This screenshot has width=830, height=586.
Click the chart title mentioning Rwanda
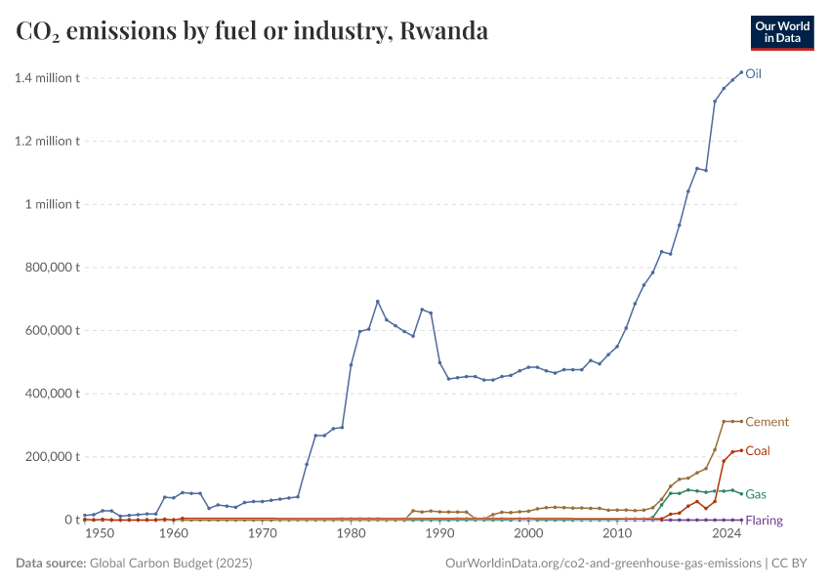pyautogui.click(x=252, y=31)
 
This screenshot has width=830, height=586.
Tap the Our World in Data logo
pyautogui.click(x=781, y=32)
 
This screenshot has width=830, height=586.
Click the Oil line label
pyautogui.click(x=754, y=73)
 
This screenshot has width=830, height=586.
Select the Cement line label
pyautogui.click(x=767, y=422)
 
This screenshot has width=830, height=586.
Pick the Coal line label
pyautogui.click(x=759, y=450)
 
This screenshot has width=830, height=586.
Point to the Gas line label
pyautogui.click(x=756, y=494)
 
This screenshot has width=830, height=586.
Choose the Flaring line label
pyautogui.click(x=764, y=521)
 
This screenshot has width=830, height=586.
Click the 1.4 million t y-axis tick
pyautogui.click(x=47, y=78)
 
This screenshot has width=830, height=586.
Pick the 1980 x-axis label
pyautogui.click(x=351, y=533)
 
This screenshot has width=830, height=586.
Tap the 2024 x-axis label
pyautogui.click(x=725, y=533)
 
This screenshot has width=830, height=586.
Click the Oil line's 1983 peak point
pyautogui.click(x=377, y=302)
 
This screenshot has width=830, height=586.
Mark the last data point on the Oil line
pyautogui.click(x=741, y=72)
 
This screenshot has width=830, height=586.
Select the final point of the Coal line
pyautogui.click(x=741, y=450)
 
